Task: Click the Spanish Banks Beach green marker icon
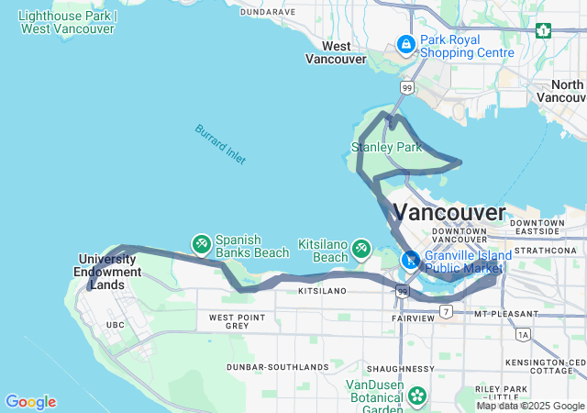201,243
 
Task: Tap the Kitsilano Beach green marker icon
360,248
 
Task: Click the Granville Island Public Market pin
412,260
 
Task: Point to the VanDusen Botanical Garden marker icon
418,396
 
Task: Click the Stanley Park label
386,147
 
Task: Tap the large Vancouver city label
449,213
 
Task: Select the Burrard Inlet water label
219,144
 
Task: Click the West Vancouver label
335,53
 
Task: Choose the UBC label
115,325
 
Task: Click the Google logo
30,402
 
